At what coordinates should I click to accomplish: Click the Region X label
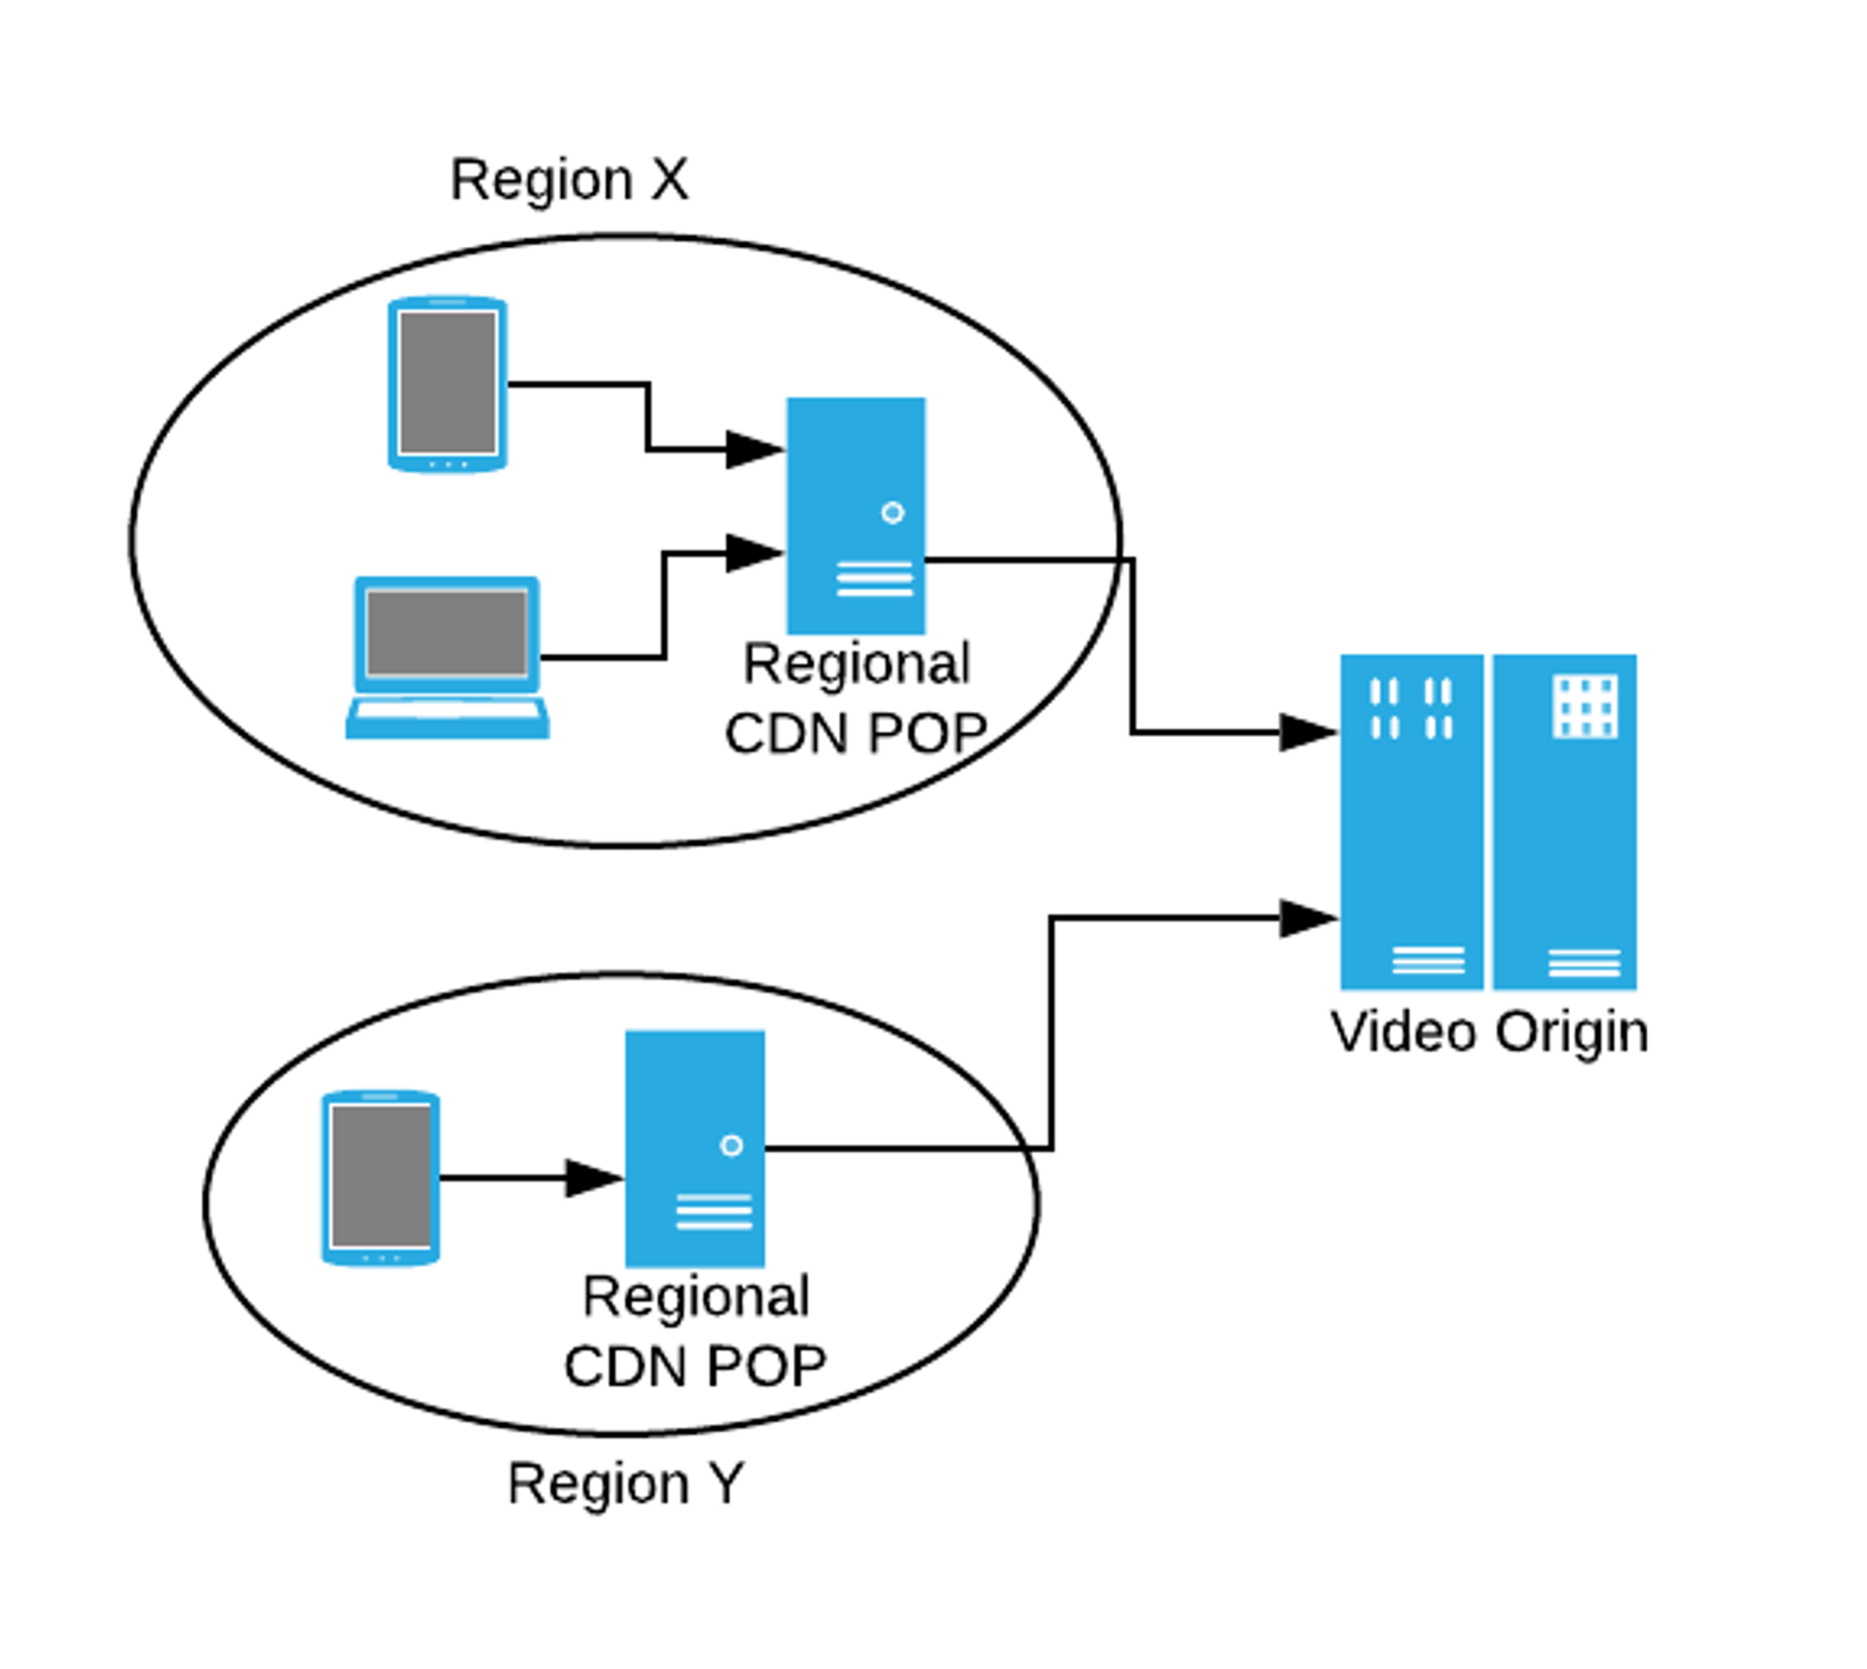[569, 180]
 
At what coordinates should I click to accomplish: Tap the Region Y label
[625, 1483]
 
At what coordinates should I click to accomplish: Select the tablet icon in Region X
[448, 384]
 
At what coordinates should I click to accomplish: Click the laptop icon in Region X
[448, 656]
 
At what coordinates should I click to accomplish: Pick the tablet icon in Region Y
[380, 1178]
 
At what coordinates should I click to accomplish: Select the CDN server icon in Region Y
[694, 1149]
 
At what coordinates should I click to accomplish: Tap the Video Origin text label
[1490, 1033]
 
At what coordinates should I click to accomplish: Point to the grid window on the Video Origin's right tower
[1584, 706]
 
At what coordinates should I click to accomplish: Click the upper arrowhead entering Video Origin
[1307, 732]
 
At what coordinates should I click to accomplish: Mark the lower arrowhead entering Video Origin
[1307, 918]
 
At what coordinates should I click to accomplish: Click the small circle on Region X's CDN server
[892, 512]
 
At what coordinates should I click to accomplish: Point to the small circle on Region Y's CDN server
[731, 1146]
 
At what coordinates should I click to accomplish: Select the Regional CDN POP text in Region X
[855, 699]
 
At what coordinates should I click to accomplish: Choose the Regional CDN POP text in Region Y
[695, 1332]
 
